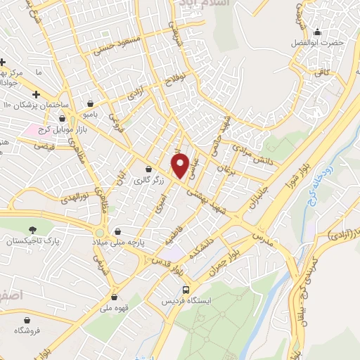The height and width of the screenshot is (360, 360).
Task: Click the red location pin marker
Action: [x=181, y=165]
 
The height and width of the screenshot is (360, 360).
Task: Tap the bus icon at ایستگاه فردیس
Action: [x=186, y=289]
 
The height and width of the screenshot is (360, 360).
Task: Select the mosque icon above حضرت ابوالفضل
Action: [x=317, y=32]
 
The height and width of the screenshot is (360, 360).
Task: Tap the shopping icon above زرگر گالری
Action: [x=149, y=169]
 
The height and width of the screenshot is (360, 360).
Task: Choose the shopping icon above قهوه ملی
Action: [x=114, y=297]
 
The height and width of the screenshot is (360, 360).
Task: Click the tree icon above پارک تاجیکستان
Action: [x=32, y=229]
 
